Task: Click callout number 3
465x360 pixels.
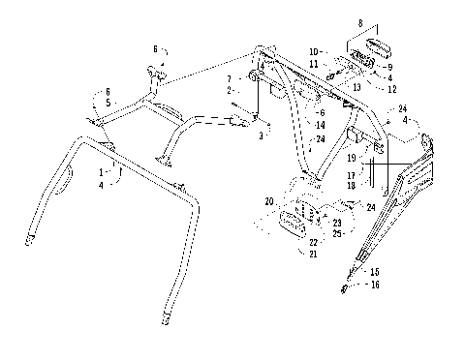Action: point(259,136)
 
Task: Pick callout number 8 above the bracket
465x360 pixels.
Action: point(361,23)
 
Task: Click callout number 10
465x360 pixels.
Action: point(313,50)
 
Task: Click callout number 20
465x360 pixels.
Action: point(268,202)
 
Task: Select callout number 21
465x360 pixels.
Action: point(312,254)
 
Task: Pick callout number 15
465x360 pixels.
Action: point(375,272)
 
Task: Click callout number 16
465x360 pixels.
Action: point(375,285)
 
